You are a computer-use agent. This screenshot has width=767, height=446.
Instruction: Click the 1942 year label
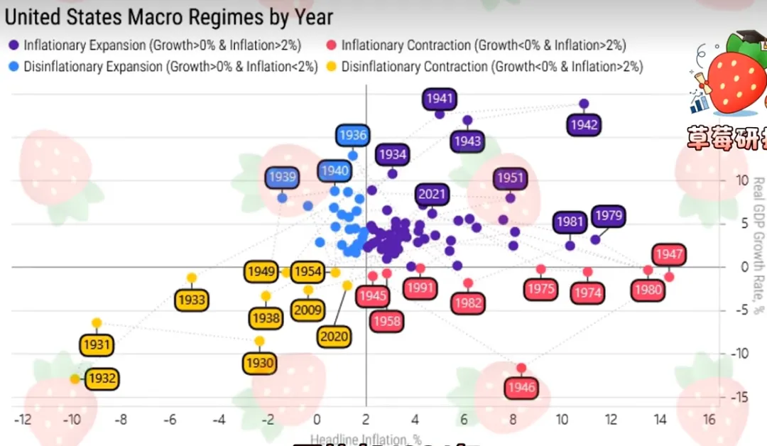pyautogui.click(x=584, y=125)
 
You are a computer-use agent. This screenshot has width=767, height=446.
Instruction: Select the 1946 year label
pyautogui.click(x=521, y=388)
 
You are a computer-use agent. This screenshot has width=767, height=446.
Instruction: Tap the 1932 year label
pyautogui.click(x=102, y=379)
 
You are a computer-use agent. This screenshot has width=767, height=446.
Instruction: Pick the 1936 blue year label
pyautogui.click(x=352, y=135)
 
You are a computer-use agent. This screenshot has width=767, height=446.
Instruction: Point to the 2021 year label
pyautogui.click(x=432, y=194)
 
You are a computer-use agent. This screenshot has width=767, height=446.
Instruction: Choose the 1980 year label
pyautogui.click(x=648, y=290)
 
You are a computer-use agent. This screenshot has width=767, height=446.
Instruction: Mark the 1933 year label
pyautogui.click(x=191, y=300)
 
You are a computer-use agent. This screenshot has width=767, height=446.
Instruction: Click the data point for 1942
pyautogui.click(x=584, y=104)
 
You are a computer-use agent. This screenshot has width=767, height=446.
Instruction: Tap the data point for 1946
pyautogui.click(x=521, y=368)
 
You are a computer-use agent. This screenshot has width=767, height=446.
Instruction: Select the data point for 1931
pyautogui.click(x=97, y=322)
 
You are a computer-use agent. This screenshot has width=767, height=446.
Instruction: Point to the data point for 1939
pyautogui.click(x=282, y=197)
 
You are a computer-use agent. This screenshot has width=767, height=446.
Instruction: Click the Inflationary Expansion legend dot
pyautogui.click(x=14, y=45)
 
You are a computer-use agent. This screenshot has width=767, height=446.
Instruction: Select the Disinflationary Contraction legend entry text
pyautogui.click(x=491, y=67)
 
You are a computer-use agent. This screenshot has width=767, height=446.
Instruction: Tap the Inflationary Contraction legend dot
pyautogui.click(x=332, y=45)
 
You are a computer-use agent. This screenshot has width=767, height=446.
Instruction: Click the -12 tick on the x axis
pyautogui.click(x=23, y=420)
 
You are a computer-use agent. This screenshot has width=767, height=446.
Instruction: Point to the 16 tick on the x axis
pyautogui.click(x=709, y=420)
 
